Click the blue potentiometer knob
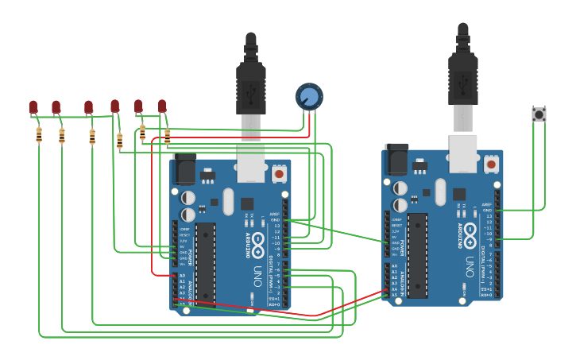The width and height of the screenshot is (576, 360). coord(309,97)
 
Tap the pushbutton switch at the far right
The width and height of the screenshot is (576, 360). coord(539,114)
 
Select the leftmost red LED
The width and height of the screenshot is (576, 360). coord(33,106)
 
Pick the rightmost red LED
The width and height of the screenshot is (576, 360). coord(162,106)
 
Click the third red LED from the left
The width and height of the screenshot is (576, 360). coord(89,106)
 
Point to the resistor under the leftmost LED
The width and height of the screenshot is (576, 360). coord(39,135)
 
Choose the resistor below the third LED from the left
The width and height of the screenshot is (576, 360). coord(92,137)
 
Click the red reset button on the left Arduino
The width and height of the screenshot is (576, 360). coord(279,172)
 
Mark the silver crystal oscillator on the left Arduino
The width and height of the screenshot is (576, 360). coord(229,201)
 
